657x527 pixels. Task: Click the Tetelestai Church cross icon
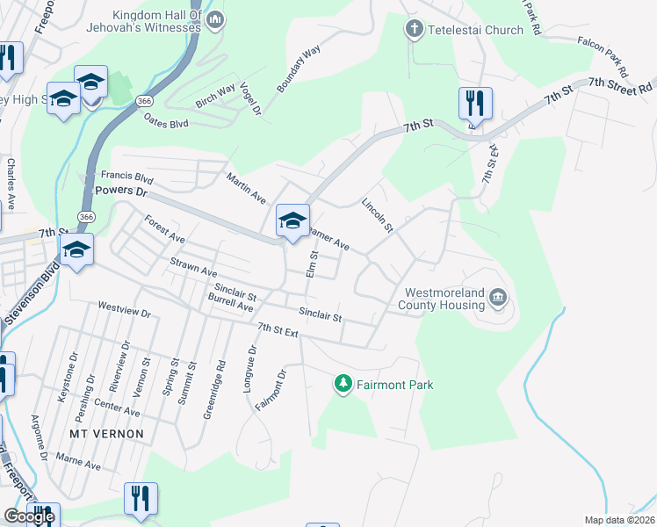[414, 30]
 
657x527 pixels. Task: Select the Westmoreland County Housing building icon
[498, 300]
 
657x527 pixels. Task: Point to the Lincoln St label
[377, 214]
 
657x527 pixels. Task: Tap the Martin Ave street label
[245, 188]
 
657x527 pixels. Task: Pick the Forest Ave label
[165, 230]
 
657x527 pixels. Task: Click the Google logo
[29, 516]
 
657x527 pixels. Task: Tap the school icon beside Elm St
[293, 220]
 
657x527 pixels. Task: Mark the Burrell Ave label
[230, 304]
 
